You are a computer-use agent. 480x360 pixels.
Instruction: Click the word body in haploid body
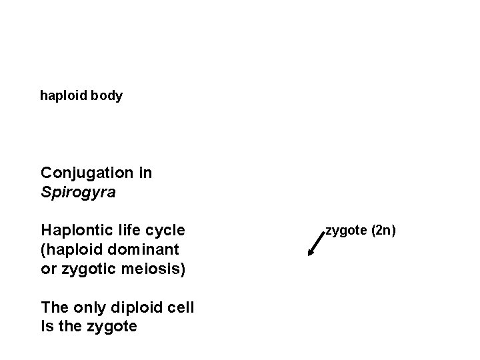[x=107, y=96]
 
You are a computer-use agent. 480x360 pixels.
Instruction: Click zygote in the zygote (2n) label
[x=346, y=231]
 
